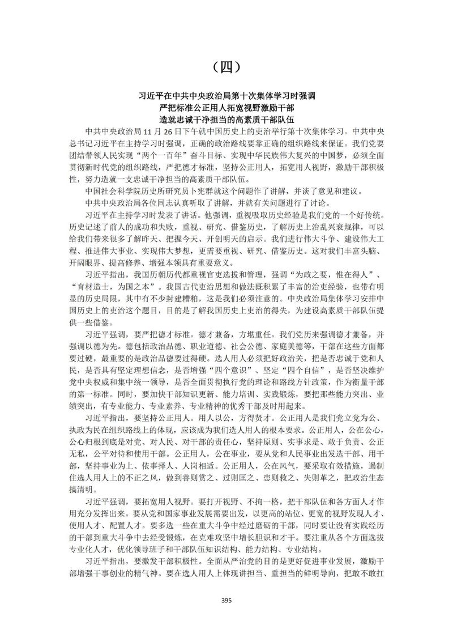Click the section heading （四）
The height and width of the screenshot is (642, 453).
(226, 67)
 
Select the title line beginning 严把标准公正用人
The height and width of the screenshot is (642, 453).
(226, 107)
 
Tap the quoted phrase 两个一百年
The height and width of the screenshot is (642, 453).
(208, 155)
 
